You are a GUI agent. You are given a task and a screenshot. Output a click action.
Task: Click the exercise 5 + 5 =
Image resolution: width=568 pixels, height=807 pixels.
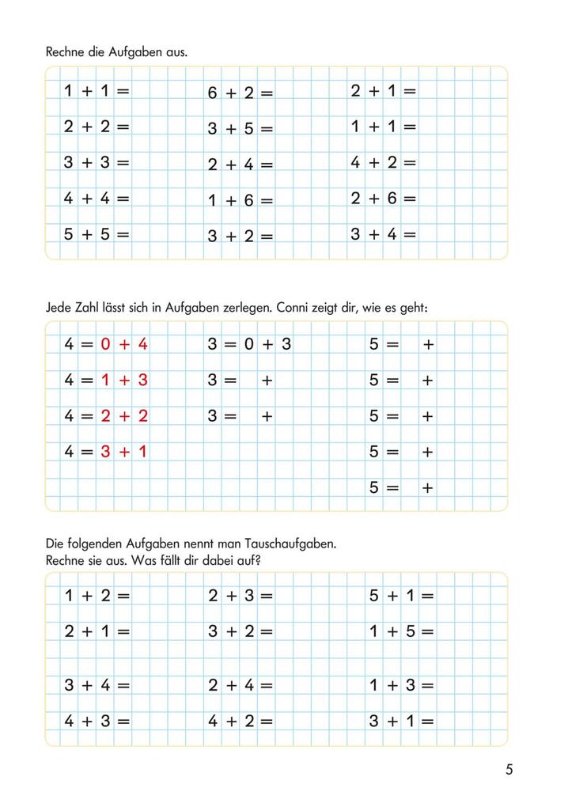pyautogui.click(x=97, y=234)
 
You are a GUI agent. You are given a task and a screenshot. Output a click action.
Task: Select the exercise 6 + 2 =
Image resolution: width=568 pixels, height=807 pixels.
pyautogui.click(x=240, y=93)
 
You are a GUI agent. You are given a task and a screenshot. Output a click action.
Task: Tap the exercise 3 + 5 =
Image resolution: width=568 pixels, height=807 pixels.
pyautogui.click(x=240, y=129)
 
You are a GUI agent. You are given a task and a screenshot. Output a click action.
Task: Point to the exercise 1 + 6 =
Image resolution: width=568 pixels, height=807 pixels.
pyautogui.click(x=240, y=201)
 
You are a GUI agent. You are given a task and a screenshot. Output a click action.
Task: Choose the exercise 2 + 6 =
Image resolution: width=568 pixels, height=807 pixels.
pyautogui.click(x=384, y=199)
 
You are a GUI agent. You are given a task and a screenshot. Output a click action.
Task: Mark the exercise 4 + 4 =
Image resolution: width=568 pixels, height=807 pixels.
pyautogui.click(x=97, y=199)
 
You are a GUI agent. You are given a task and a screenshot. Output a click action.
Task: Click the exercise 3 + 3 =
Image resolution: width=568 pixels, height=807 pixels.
pyautogui.click(x=97, y=163)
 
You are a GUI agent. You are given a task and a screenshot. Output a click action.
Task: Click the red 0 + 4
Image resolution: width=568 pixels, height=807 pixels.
pyautogui.click(x=124, y=344)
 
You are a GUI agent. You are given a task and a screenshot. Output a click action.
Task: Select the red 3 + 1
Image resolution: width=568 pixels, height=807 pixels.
pyautogui.click(x=124, y=452)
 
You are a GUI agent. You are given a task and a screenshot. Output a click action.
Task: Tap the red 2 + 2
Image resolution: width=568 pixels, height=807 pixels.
pyautogui.click(x=124, y=416)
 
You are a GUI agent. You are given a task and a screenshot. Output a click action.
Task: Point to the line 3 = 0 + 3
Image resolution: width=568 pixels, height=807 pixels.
pyautogui.click(x=250, y=344)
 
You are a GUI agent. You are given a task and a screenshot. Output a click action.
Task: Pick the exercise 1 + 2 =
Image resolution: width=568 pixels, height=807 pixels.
pyautogui.click(x=97, y=596)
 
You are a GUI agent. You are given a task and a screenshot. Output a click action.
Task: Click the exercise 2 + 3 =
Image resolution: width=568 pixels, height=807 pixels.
pyautogui.click(x=240, y=596)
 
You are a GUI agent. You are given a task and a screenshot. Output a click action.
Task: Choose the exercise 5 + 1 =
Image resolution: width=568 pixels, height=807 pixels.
pyautogui.click(x=402, y=596)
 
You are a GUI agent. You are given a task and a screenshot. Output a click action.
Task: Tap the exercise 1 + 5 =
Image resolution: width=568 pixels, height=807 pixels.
pyautogui.click(x=402, y=631)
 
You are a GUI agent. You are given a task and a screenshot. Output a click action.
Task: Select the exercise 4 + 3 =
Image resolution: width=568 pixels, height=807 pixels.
pyautogui.click(x=97, y=721)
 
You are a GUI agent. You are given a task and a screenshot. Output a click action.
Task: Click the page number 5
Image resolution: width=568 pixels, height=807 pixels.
pyautogui.click(x=509, y=769)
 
